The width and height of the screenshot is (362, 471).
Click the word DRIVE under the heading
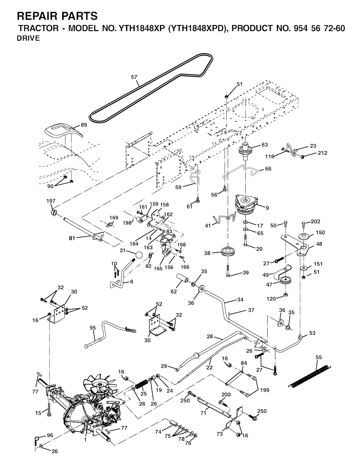[x=28, y=38]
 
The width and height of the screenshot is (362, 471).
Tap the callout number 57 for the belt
[x=134, y=77]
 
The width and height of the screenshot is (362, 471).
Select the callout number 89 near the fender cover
[x=83, y=125]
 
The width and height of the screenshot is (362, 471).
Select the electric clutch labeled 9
[x=246, y=204]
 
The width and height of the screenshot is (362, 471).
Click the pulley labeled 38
[x=228, y=252]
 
